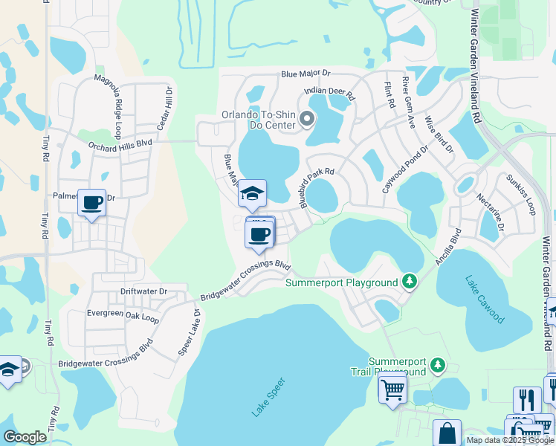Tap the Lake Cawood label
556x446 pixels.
click(485, 300)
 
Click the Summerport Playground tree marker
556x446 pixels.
click(409, 282)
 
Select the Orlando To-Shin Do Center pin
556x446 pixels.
click(306, 120)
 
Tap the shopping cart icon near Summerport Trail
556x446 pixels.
click(392, 387)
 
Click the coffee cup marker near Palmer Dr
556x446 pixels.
click(92, 202)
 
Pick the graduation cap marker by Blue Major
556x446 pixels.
click(252, 194)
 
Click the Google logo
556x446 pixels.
click(25, 437)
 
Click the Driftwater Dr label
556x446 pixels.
click(143, 291)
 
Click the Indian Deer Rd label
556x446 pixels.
click(330, 93)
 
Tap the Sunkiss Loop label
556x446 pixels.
click(520, 191)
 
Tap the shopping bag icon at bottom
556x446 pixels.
click(447, 433)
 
